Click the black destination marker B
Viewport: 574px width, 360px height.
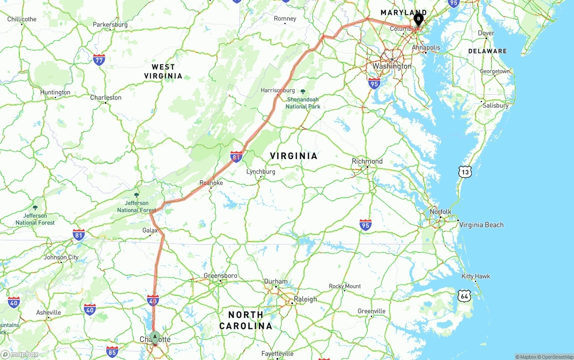418,19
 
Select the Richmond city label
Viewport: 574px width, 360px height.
367,161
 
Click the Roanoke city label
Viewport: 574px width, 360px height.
211,183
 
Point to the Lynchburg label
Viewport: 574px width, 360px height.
261,172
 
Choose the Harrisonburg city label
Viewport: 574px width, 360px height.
278,91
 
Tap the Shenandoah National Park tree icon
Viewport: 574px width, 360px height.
303,91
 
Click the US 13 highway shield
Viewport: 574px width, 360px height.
465,171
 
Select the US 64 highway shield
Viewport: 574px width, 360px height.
464,295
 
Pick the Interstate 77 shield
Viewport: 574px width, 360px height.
99,60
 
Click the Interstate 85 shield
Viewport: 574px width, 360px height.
112,351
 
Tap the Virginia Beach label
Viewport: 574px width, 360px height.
481,225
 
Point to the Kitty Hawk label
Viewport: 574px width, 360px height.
476,276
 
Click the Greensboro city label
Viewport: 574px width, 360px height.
220,276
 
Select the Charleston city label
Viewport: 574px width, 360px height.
106,98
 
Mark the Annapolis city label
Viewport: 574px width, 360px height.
426,48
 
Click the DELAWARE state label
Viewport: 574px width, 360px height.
487,51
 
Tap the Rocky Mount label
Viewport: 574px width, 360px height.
345,286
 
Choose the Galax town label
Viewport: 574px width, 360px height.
150,230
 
